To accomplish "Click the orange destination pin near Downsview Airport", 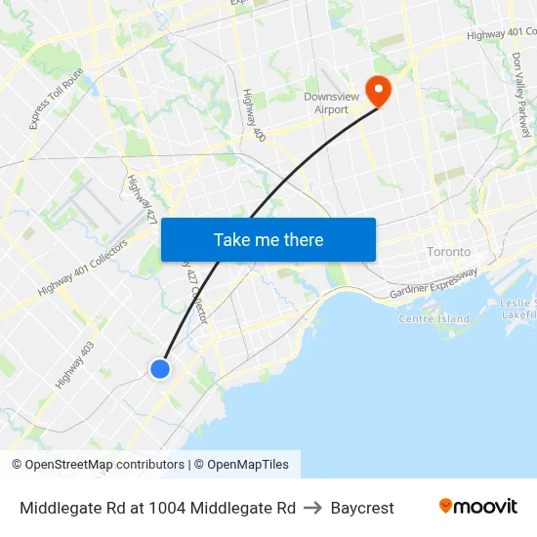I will tap(377, 91).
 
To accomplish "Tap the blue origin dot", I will tap(160, 368).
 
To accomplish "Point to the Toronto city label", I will tap(448, 252).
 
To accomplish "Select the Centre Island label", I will tap(434, 319).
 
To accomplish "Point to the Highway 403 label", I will tap(75, 364).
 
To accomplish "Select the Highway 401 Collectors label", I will tap(83, 268).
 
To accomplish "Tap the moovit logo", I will tap(477, 506).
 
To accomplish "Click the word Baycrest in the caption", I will tap(362, 508).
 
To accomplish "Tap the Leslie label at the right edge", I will tap(516, 303).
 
